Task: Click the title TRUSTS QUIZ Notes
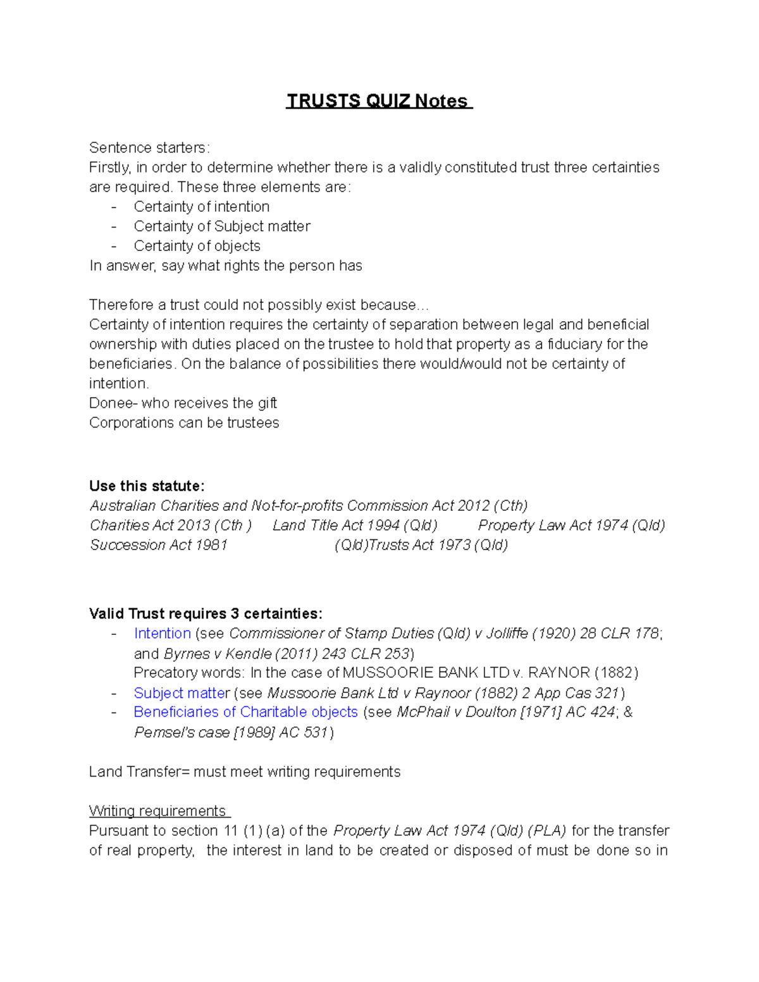point(379,101)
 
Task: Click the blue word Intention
point(162,634)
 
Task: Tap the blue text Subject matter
point(182,693)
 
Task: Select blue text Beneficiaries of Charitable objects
point(245,712)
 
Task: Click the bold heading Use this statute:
point(147,486)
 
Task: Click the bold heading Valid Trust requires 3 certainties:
point(206,614)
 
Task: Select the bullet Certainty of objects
point(197,246)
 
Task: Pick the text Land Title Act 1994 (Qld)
point(355,525)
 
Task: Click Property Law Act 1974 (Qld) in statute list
point(571,525)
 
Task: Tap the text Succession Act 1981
point(158,545)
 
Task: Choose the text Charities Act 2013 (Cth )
point(171,525)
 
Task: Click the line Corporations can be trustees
point(184,423)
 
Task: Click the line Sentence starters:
point(149,148)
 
